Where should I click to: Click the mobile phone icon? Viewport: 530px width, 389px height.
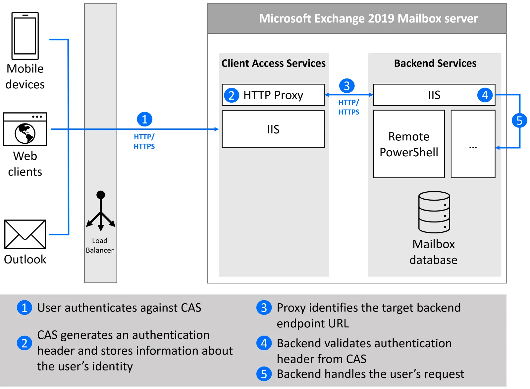(25, 36)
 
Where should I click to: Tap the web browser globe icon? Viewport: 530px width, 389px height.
(25, 133)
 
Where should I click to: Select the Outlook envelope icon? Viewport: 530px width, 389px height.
(25, 234)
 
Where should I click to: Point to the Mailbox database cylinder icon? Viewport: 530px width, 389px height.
(434, 212)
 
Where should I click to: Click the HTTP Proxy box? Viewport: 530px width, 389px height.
(273, 95)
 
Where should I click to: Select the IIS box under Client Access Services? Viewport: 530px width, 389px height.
(273, 129)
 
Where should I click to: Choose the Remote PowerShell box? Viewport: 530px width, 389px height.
(409, 144)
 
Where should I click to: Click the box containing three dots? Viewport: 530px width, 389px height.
(473, 144)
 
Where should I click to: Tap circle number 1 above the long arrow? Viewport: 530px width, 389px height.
(145, 119)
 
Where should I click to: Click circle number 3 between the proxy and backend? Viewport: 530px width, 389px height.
(347, 86)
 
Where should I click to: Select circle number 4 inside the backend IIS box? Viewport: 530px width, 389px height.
(485, 95)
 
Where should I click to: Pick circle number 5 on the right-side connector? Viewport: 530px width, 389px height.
(519, 121)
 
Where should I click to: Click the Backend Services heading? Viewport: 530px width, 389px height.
(435, 63)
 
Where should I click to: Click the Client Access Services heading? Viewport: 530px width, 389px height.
(273, 63)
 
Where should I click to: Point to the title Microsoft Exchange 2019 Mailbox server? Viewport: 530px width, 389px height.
(368, 19)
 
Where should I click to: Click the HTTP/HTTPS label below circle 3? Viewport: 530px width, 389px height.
(349, 107)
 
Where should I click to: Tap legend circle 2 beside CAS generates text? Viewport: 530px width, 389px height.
(25, 343)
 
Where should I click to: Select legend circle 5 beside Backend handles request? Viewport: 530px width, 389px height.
(264, 374)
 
